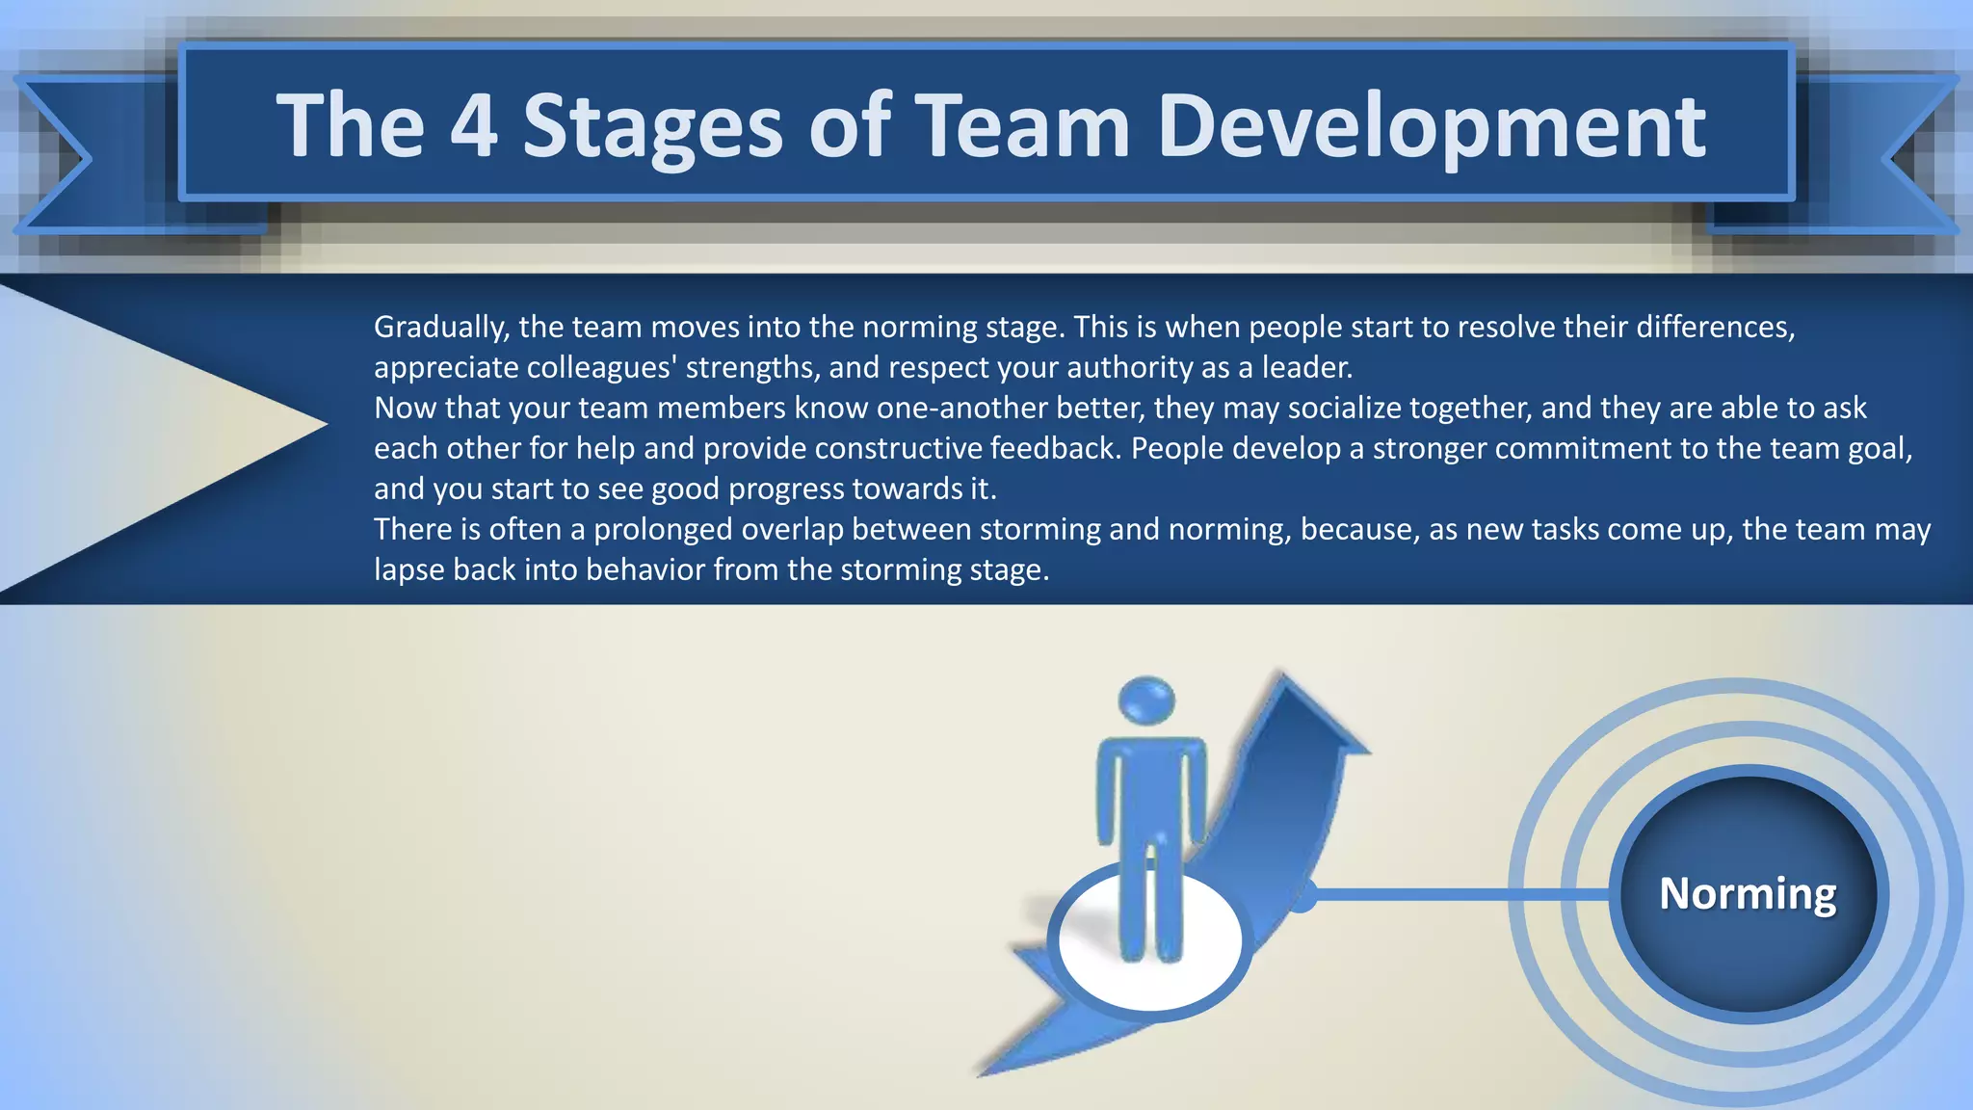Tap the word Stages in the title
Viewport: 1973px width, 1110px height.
652,127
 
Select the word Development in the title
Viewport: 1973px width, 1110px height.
1432,127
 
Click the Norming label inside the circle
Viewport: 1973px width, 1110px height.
1748,893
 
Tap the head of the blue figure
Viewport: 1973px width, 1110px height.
1146,700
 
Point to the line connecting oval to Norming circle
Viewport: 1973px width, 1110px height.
1455,894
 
